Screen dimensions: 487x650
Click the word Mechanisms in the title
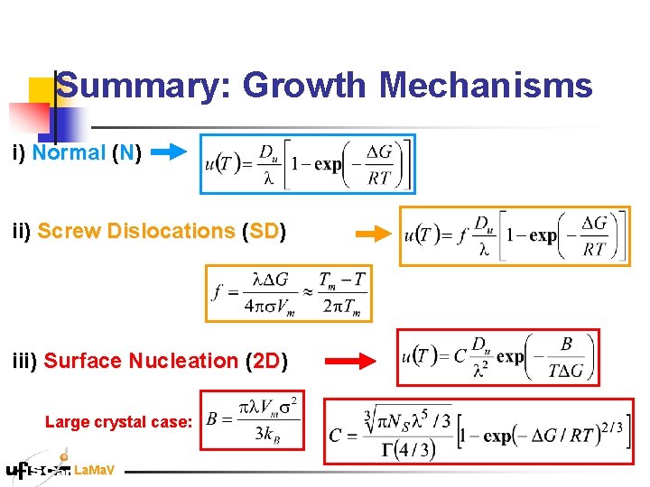pos(486,87)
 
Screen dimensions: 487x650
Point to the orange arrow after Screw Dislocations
pos(373,234)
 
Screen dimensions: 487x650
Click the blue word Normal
pos(69,152)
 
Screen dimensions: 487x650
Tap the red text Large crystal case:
pos(118,421)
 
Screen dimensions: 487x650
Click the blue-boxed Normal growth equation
pos(308,164)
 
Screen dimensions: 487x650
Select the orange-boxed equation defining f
pos(288,293)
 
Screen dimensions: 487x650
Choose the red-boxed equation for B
pos(253,419)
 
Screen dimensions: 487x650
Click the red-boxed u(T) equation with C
pos(497,356)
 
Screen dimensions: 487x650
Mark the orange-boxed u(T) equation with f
pos(515,236)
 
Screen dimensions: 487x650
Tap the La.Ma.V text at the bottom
pos(94,470)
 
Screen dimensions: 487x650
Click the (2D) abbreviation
pos(266,361)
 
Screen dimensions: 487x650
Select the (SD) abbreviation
pos(264,231)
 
